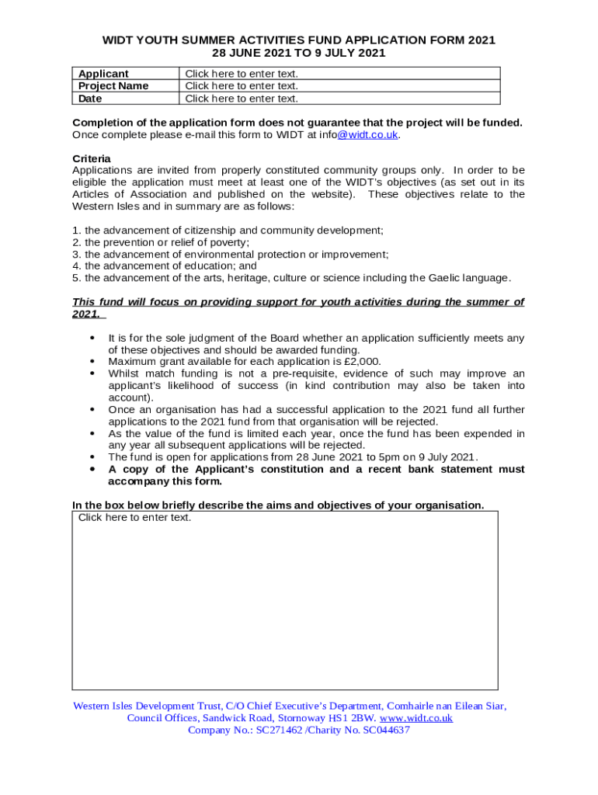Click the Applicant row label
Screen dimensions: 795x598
103,74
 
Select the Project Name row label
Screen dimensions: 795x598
113,86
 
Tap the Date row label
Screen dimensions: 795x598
90,99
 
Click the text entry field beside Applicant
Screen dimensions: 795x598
242,74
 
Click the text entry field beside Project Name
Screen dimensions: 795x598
242,86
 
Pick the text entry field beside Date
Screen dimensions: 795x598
242,99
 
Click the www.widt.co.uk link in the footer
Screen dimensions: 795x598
415,718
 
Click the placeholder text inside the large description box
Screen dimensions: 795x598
134,517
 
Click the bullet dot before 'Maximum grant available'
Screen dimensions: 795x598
93,362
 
